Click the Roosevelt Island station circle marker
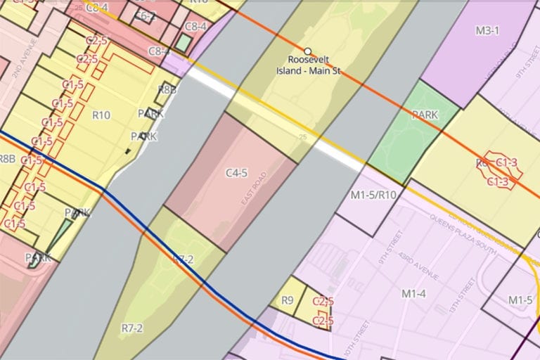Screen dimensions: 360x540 pos(307,51)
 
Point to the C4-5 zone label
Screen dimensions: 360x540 pos(236,172)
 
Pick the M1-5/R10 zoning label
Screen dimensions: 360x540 pos(373,195)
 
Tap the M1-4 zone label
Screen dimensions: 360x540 pos(413,292)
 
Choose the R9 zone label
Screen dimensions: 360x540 pos(287,300)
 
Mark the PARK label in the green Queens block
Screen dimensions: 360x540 pos(425,114)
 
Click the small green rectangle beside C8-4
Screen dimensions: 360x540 pos(184,43)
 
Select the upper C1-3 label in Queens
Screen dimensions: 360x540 pos(506,163)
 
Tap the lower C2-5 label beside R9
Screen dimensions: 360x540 pos(322,321)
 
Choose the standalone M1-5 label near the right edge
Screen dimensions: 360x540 pos(520,300)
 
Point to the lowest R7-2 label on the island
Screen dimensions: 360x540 pos(131,328)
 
